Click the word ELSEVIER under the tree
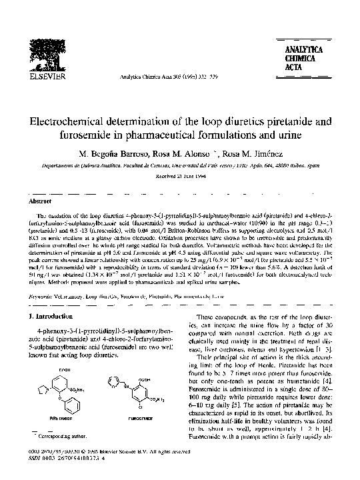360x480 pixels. [43, 77]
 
